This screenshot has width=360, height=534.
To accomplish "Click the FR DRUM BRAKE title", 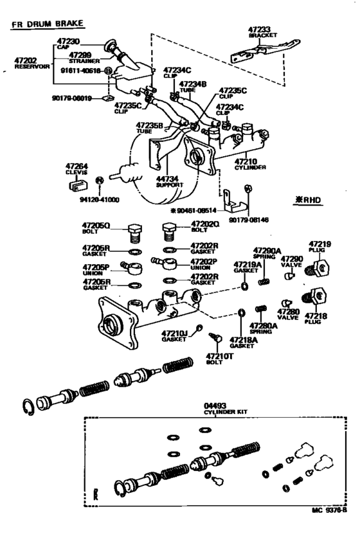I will (x=47, y=24).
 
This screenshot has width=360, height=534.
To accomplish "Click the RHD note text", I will (x=308, y=200).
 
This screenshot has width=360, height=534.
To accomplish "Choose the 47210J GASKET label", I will (x=174, y=335).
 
